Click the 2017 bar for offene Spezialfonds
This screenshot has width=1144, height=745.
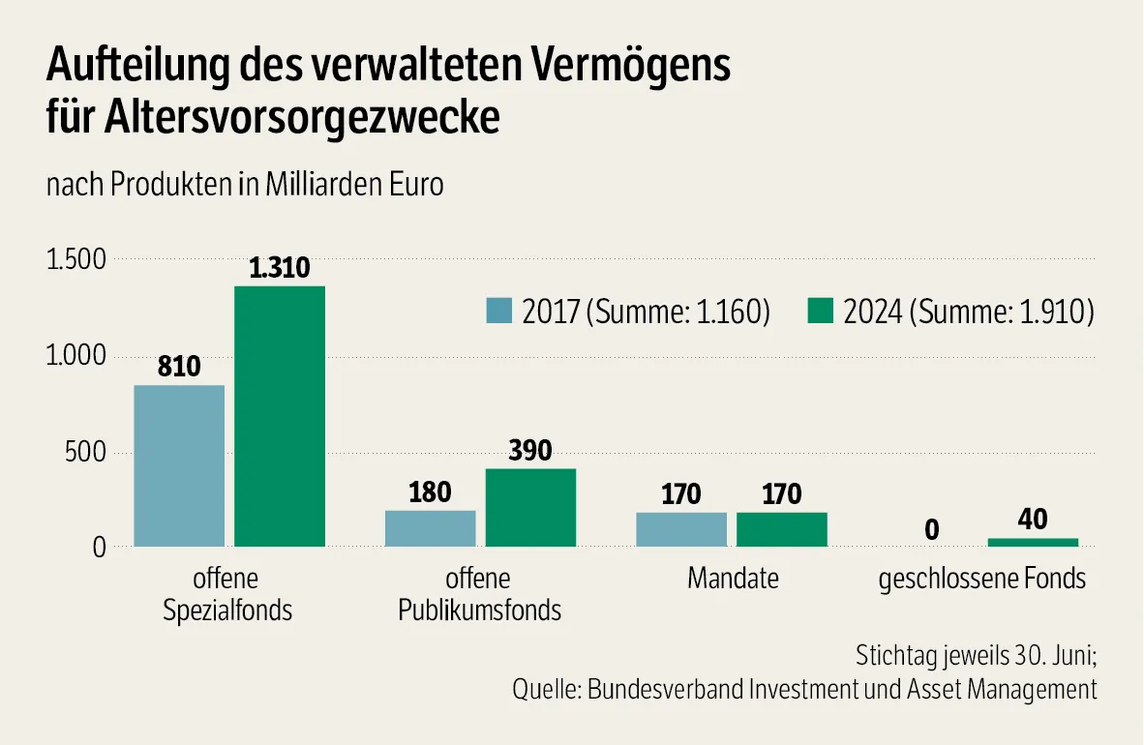pyautogui.click(x=179, y=465)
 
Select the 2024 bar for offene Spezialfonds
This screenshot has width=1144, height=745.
pyautogui.click(x=280, y=416)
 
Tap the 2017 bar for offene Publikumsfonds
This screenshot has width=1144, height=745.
pyautogui.click(x=430, y=528)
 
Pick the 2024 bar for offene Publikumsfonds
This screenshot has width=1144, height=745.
pyautogui.click(x=530, y=508)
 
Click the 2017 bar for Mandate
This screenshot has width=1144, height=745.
pyautogui.click(x=681, y=529)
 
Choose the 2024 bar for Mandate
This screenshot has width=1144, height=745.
pyautogui.click(x=782, y=529)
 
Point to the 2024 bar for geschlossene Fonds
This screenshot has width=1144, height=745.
pyautogui.click(x=1033, y=542)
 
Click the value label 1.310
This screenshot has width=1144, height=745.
pyautogui.click(x=280, y=269)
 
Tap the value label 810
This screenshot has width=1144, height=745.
pyautogui.click(x=179, y=368)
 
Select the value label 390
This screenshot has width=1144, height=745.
pyautogui.click(x=530, y=451)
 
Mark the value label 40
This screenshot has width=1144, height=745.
pyautogui.click(x=1033, y=520)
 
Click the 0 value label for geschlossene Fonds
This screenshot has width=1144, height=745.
pyautogui.click(x=932, y=530)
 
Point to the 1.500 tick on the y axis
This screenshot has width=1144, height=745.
pyautogui.click(x=75, y=260)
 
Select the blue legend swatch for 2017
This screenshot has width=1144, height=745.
pyautogui.click(x=498, y=312)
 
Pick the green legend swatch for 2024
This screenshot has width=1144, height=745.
pyautogui.click(x=820, y=312)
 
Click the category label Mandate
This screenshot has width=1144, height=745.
pyautogui.click(x=733, y=580)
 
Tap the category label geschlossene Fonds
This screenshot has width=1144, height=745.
pyautogui.click(x=981, y=580)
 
